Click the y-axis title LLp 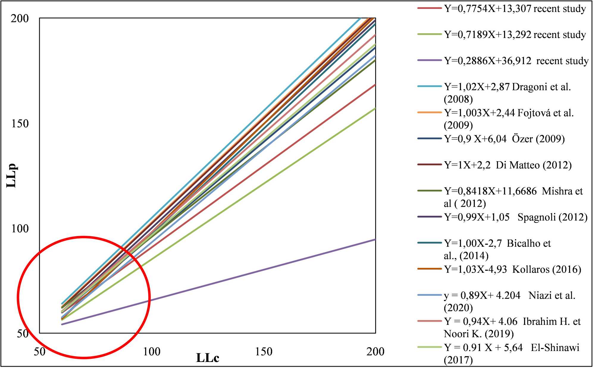point(12,175)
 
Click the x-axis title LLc point(207,358)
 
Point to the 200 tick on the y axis point(20,18)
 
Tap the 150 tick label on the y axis point(20,124)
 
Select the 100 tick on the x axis point(152,352)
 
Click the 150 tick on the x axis point(264,352)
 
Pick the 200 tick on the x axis point(375,352)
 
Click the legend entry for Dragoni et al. point(507,87)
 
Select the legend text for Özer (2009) point(504,139)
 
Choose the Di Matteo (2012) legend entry point(508,165)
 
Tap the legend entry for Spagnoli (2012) point(516,217)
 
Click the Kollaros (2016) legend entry point(512,269)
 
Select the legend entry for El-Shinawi point(511,348)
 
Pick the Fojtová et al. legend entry point(509,113)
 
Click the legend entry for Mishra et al point(513,191)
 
